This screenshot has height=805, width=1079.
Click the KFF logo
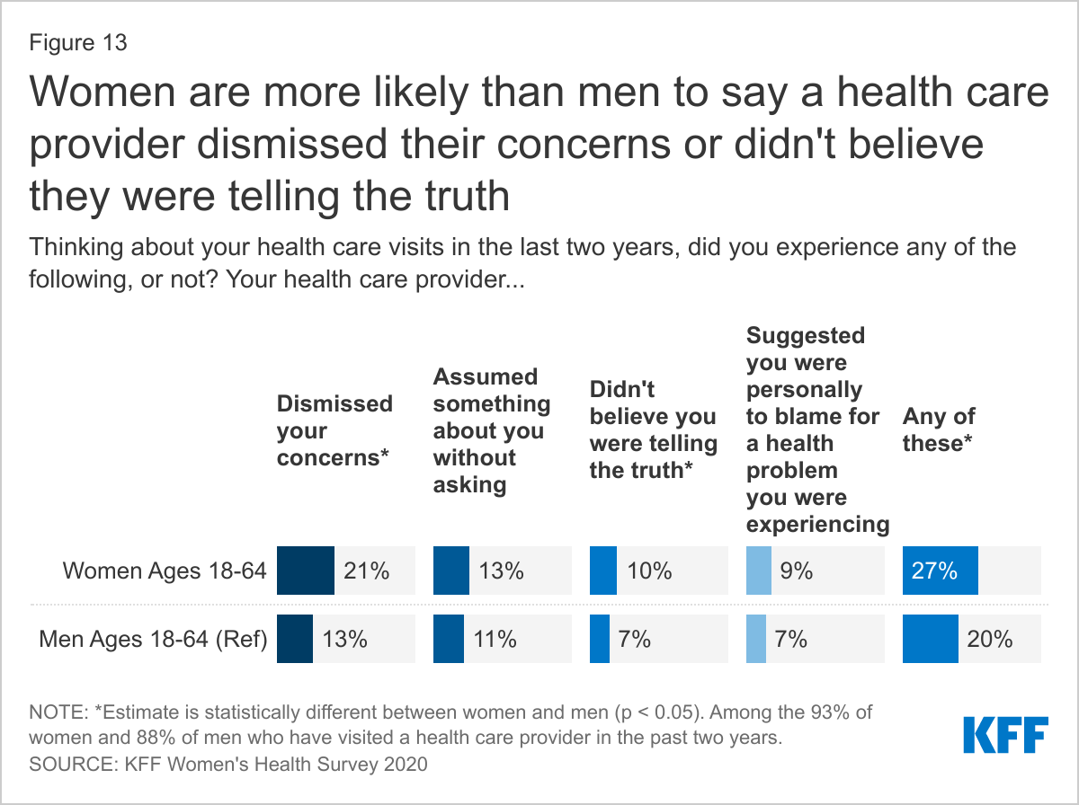pyautogui.click(x=1004, y=734)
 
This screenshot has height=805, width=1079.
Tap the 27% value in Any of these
pyautogui.click(x=935, y=571)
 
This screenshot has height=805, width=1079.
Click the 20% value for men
pyautogui.click(x=991, y=640)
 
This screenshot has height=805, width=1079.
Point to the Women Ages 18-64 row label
pyautogui.click(x=165, y=571)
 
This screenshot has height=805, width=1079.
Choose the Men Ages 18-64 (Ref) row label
pyautogui.click(x=154, y=640)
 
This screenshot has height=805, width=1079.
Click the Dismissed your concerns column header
pyautogui.click(x=334, y=430)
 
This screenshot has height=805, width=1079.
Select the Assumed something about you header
pyautogui.click(x=491, y=430)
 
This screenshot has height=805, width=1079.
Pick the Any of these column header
pyautogui.click(x=940, y=430)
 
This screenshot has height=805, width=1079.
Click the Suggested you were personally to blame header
pyautogui.click(x=817, y=430)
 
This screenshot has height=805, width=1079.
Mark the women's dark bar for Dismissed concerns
pyautogui.click(x=306, y=571)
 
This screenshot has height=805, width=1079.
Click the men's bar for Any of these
pyautogui.click(x=931, y=640)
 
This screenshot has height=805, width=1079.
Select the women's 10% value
pyautogui.click(x=650, y=571)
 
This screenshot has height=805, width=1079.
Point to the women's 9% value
pyautogui.click(x=797, y=571)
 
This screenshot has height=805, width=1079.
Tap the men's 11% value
pyautogui.click(x=495, y=640)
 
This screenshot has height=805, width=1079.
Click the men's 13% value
pyautogui.click(x=345, y=640)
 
